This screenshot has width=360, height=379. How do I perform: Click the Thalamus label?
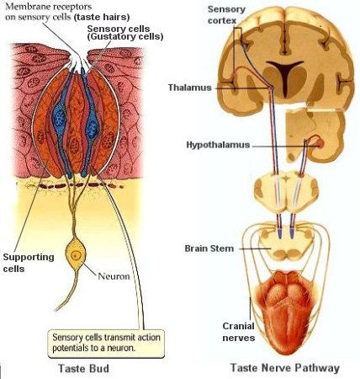(190, 88)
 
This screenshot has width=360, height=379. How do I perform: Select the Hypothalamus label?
(218, 145)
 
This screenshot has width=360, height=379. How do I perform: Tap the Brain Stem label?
(209, 248)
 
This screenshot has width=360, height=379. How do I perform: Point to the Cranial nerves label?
(239, 332)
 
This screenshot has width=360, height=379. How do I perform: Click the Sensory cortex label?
(226, 14)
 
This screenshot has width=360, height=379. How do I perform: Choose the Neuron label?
(114, 276)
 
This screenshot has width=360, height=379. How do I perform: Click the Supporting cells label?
(29, 263)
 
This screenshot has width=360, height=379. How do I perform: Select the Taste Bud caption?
(83, 368)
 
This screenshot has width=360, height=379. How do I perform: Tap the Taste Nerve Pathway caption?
(285, 368)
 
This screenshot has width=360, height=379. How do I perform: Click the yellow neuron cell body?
(75, 254)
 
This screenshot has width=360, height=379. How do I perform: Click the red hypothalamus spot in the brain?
(320, 143)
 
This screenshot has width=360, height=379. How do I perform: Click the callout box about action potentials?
(106, 344)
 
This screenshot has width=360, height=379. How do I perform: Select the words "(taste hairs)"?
(102, 18)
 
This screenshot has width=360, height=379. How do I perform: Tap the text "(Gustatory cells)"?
(125, 37)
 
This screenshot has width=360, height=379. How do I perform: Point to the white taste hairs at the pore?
(78, 61)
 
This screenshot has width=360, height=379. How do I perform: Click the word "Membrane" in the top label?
(27, 7)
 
